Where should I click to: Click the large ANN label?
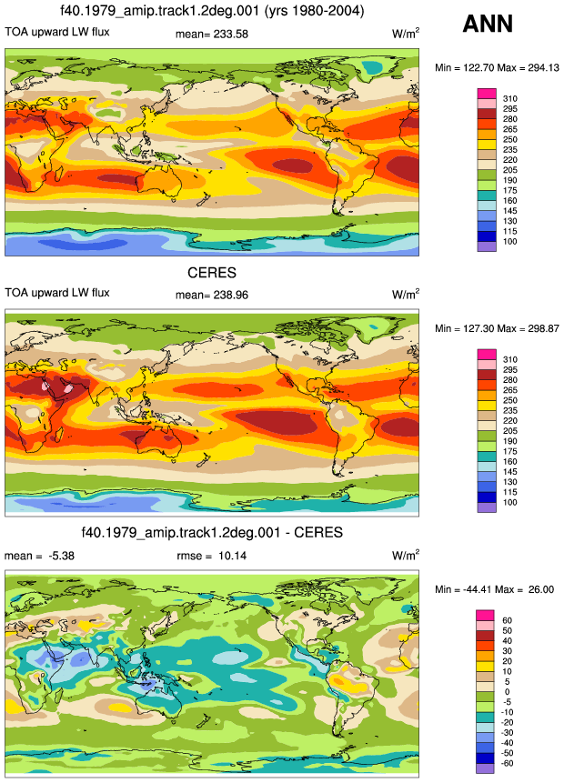point(488,24)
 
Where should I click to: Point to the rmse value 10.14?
point(232,556)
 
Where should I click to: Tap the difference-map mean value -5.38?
point(62,556)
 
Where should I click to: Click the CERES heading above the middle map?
point(212,273)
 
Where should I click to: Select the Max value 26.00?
point(541,589)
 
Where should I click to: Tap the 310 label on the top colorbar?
point(510,98)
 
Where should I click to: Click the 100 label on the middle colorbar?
point(510,502)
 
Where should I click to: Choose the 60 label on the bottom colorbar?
point(507,620)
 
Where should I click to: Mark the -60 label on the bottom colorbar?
point(507,763)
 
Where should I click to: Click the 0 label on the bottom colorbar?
point(507,692)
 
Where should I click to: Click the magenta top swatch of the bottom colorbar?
point(485,615)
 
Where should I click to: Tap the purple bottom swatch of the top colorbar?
point(487,246)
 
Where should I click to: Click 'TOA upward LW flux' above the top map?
point(57,32)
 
